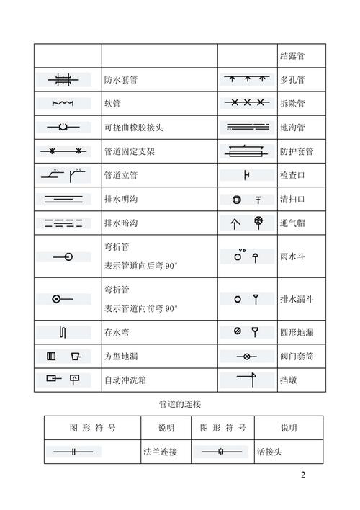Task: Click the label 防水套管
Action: pos(121,80)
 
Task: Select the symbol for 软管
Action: pos(63,104)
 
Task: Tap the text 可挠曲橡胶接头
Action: pos(134,127)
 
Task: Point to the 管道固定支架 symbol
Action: pos(63,151)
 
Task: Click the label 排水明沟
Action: pos(121,198)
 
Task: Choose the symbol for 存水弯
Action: pos(63,332)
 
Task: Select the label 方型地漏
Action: pos(121,356)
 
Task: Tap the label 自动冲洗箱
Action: pos(125,379)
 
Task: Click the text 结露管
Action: pos(292,56)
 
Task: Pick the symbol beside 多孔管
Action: pos(248,79)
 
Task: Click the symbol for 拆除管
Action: pos(248,103)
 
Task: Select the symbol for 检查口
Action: pos(247,175)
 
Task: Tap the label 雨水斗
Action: pos(292,255)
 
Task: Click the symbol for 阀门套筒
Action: pos(247,356)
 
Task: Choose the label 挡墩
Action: pos(288,379)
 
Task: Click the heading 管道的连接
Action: pos(180,405)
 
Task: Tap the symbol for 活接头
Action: pos(222,452)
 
